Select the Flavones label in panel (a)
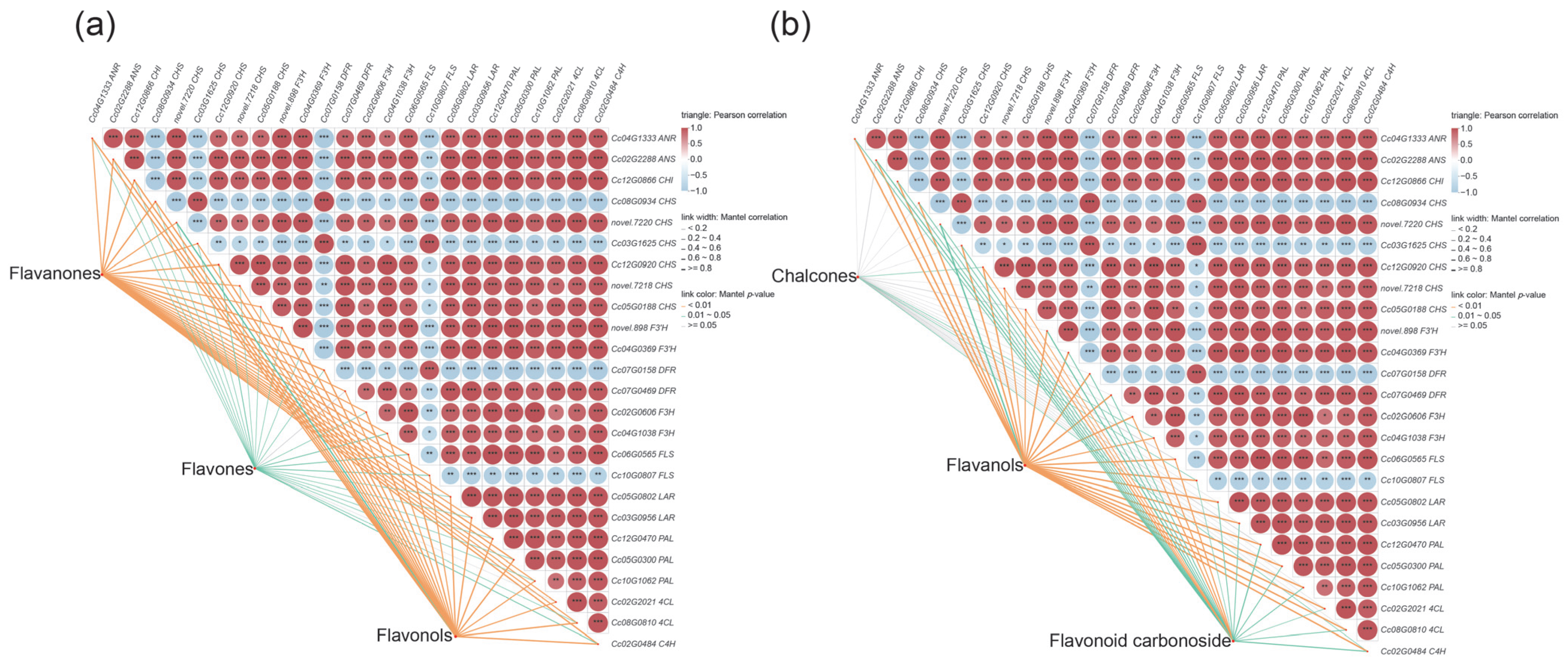(217, 469)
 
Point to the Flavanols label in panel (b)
(984, 465)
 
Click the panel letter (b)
(790, 26)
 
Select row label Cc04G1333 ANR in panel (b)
(1413, 139)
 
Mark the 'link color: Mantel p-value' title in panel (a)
(728, 294)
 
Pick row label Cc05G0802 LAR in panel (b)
(1412, 502)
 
